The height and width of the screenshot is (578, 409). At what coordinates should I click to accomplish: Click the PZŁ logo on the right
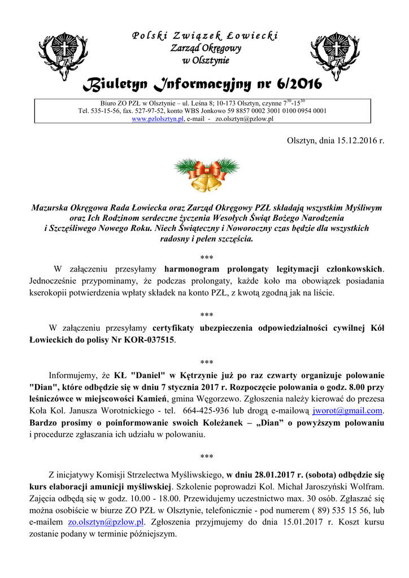point(334,55)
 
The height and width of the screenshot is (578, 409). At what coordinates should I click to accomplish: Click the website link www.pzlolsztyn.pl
point(158,120)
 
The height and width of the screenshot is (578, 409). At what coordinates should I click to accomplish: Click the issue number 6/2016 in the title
point(299,85)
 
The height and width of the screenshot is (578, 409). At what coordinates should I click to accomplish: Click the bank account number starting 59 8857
point(275,111)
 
